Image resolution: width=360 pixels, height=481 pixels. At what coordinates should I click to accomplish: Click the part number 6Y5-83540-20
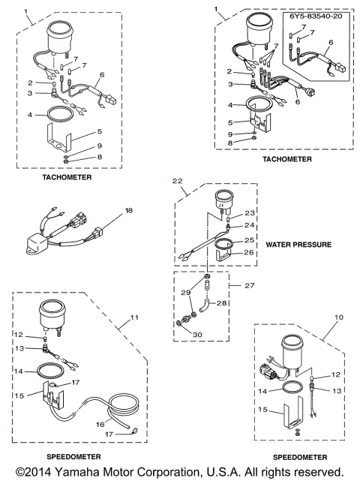316,17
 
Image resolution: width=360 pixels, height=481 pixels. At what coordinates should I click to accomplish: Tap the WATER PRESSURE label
298,245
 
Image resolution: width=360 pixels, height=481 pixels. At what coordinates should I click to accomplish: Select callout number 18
129,210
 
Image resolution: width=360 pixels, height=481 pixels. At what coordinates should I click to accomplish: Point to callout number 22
177,181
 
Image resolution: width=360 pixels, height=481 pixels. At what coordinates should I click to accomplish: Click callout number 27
250,285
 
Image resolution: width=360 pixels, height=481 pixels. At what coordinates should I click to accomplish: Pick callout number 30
197,335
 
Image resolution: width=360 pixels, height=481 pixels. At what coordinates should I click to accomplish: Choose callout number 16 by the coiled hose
100,424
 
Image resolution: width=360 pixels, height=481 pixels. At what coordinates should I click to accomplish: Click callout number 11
134,317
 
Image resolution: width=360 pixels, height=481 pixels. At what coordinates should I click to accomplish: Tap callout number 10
339,317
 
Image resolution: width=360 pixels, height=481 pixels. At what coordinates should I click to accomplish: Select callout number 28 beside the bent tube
221,303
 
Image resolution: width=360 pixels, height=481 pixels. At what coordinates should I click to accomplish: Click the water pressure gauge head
223,200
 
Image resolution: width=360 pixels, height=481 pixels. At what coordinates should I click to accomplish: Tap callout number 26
249,252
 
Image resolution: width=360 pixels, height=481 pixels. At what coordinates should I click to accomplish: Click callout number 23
250,213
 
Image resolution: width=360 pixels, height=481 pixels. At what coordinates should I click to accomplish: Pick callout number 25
249,240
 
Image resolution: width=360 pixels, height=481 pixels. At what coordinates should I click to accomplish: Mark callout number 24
249,225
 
